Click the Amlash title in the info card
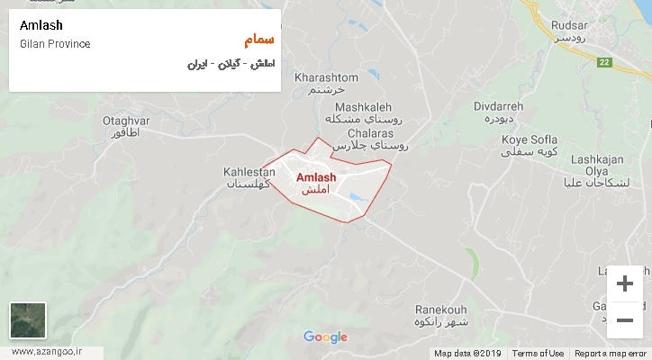pyautogui.click(x=41, y=25)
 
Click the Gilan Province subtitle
pyautogui.click(x=55, y=44)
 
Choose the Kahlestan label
pyautogui.click(x=249, y=170)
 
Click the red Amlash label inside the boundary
pyautogui.click(x=315, y=177)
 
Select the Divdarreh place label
pyautogui.click(x=498, y=106)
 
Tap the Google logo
pyautogui.click(x=325, y=337)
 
